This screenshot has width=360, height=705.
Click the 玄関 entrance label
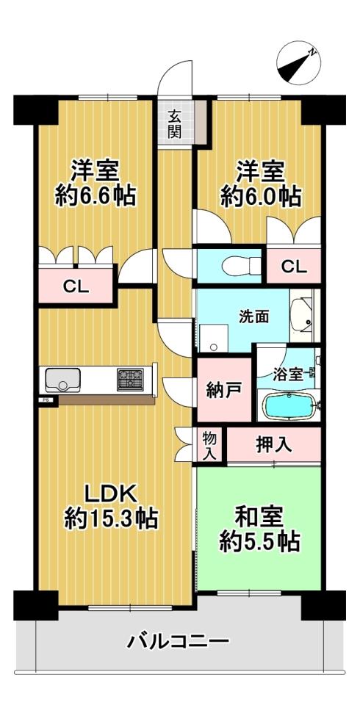click(176, 123)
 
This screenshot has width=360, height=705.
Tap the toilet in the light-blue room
click(242, 265)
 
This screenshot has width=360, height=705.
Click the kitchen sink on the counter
click(62, 380)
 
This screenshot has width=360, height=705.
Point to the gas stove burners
click(131, 379)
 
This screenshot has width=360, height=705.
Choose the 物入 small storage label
click(209, 446)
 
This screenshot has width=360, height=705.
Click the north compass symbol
click(298, 63)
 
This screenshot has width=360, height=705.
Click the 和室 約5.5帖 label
click(259, 530)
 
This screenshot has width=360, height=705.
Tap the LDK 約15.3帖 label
click(111, 506)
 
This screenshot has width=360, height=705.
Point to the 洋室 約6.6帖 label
click(96, 184)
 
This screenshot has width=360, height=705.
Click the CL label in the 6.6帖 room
click(76, 286)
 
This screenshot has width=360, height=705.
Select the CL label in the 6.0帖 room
click(295, 267)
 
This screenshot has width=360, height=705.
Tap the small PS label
click(46, 399)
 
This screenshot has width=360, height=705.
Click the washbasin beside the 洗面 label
click(304, 315)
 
